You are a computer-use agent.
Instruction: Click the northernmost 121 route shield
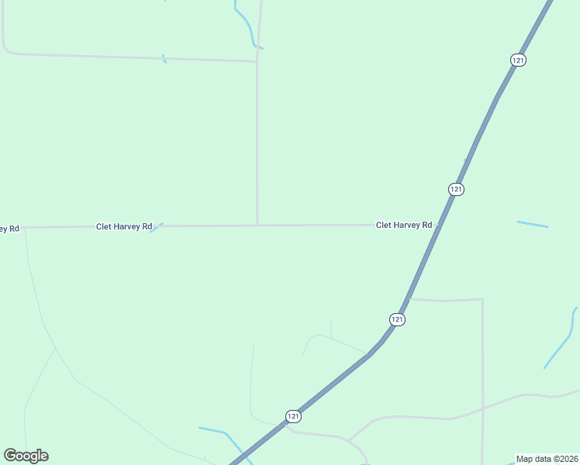pos(519,60)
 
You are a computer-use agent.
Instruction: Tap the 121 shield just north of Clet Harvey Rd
pos(456,189)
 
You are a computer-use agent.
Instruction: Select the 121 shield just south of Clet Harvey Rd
pos(397,319)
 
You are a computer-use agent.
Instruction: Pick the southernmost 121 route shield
pos(292,416)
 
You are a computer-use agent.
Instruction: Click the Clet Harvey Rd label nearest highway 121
pos(403,225)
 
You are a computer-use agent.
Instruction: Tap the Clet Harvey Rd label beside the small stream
pos(124,226)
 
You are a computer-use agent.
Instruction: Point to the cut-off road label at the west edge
pos(9,229)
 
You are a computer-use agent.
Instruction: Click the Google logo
pos(26,455)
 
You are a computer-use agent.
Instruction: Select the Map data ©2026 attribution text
pos(546,459)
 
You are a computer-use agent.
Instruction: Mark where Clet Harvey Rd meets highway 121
pos(439,225)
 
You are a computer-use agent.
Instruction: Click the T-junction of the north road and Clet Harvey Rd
pos(257,226)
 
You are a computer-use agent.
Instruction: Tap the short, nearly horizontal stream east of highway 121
pos(532,225)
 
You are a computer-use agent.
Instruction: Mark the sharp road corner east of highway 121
pos(482,300)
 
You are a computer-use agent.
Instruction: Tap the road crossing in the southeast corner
pos(482,408)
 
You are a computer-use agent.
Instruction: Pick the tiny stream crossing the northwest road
pos(164,58)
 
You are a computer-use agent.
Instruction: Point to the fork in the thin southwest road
pos(56,349)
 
